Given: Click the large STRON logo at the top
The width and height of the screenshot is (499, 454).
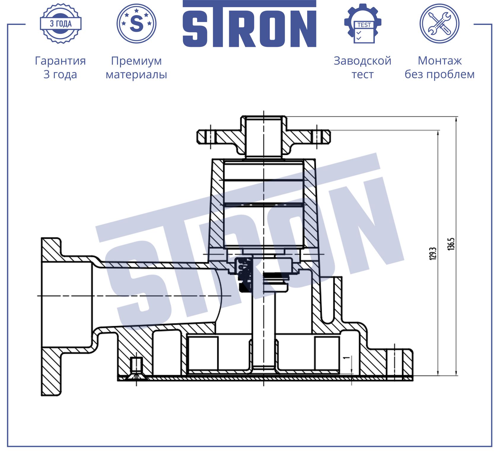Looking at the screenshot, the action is click(x=249, y=24).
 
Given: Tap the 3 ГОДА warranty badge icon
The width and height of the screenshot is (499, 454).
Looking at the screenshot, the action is click(x=61, y=23).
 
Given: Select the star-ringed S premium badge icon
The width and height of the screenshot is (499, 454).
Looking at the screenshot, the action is click(x=136, y=23).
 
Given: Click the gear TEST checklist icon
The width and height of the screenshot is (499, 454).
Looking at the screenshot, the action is click(x=363, y=23).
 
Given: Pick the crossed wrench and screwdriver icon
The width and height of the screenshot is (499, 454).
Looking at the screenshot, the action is click(x=439, y=23).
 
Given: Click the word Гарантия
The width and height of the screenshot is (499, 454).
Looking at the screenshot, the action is click(x=60, y=61).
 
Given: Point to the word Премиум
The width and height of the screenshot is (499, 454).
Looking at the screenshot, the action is click(x=136, y=61).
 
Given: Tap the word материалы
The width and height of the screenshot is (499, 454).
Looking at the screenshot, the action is click(x=136, y=74).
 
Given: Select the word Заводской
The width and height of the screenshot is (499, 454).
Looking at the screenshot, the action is click(x=363, y=61).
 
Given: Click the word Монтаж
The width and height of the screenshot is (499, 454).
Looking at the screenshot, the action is click(x=440, y=61).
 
